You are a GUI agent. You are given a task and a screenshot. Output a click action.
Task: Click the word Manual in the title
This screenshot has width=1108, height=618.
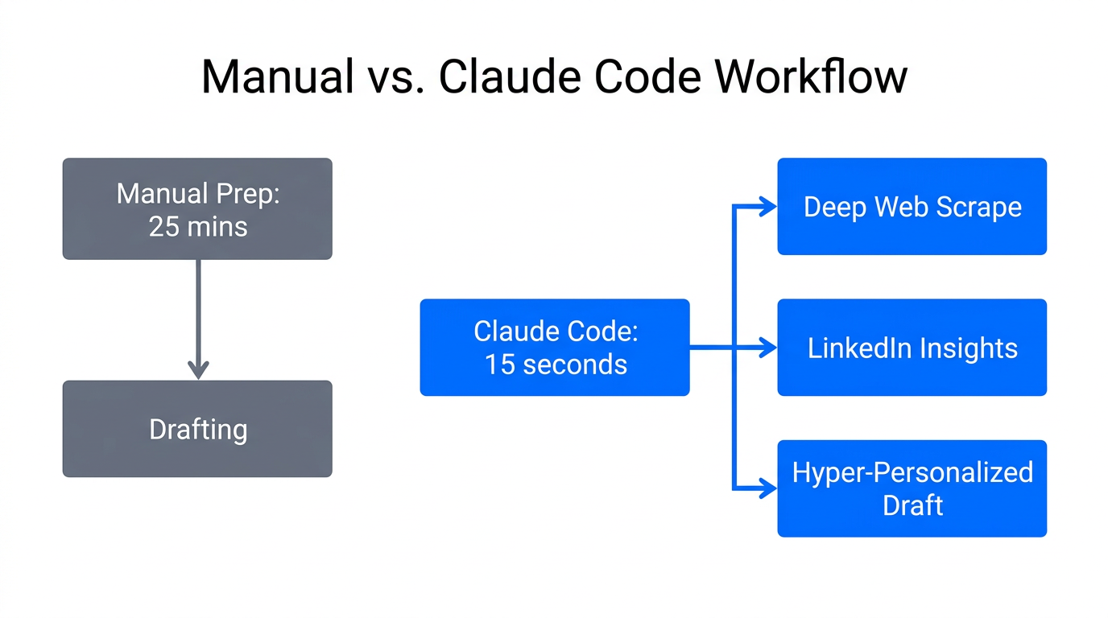[x=277, y=78]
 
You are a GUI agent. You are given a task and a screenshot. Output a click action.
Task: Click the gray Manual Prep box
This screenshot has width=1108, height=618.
[x=197, y=208]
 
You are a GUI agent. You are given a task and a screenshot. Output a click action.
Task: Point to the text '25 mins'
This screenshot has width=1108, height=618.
[x=197, y=227]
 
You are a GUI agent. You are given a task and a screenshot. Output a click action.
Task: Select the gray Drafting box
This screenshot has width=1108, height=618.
[x=197, y=429]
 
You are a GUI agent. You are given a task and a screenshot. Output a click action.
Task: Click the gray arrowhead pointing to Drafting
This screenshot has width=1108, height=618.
[x=198, y=370]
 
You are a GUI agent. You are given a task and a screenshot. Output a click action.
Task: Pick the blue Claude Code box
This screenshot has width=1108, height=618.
[x=554, y=347]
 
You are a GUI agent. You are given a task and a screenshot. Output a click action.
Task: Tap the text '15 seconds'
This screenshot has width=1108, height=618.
[x=555, y=365]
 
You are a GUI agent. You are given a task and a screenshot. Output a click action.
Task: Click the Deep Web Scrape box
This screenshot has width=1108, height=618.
[x=912, y=207]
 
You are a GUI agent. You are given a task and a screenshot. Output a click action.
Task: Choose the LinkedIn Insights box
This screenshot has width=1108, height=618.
[x=912, y=348]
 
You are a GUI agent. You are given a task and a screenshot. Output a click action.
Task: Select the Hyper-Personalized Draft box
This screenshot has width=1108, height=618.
[x=912, y=488]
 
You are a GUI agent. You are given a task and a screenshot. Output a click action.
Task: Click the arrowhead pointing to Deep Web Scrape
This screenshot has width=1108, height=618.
[x=768, y=208]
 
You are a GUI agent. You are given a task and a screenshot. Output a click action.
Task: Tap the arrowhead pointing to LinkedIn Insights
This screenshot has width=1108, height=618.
[x=768, y=348]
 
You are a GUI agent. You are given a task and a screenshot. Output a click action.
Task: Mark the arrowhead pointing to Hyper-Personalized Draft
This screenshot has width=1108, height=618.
[x=768, y=488]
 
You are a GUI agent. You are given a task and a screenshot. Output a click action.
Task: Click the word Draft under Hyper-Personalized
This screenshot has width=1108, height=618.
[x=912, y=505]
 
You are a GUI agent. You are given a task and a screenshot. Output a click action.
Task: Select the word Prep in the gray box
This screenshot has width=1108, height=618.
[x=244, y=195]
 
